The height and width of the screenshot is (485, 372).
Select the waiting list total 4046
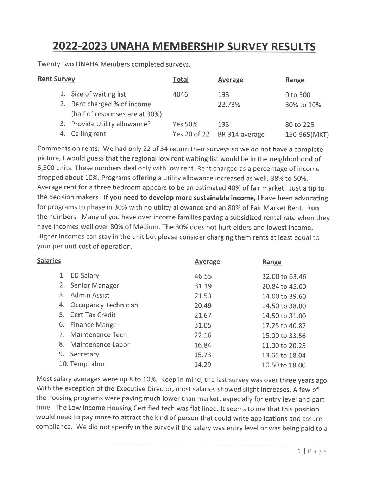[x=180, y=94]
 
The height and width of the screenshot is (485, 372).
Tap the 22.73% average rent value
[x=229, y=104]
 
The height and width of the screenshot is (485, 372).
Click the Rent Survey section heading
[x=56, y=79]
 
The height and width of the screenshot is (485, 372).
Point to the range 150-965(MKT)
[x=307, y=135]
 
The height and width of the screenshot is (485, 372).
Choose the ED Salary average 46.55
[x=203, y=276]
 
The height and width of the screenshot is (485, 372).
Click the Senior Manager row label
[x=94, y=286]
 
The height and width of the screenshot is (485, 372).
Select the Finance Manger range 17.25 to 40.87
[x=284, y=326]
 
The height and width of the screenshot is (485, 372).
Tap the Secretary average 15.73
[x=203, y=355]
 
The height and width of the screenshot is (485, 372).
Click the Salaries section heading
[x=49, y=261]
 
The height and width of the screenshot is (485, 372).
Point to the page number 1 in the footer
[x=299, y=451]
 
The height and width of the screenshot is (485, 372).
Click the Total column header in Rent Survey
[x=181, y=80]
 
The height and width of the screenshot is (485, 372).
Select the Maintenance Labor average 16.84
[x=203, y=345]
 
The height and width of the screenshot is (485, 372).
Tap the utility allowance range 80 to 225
[x=300, y=125]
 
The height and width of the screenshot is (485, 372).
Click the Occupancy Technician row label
[x=104, y=305]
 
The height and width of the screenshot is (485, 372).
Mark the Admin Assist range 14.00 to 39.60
[x=284, y=296]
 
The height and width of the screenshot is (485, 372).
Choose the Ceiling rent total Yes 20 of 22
[x=191, y=134]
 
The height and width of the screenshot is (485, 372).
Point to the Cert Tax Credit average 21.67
[x=203, y=316]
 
